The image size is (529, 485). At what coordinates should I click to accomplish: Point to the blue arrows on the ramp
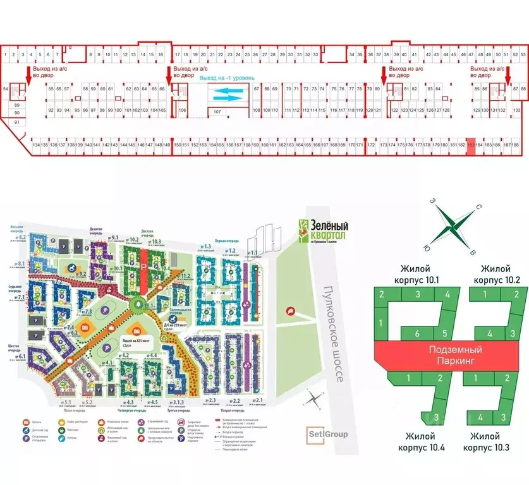[226, 94]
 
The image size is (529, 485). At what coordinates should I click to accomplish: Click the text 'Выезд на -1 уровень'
[227, 78]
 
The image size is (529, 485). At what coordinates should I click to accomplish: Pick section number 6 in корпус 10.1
[418, 333]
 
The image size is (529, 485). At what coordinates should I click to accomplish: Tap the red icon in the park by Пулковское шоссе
[290, 310]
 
